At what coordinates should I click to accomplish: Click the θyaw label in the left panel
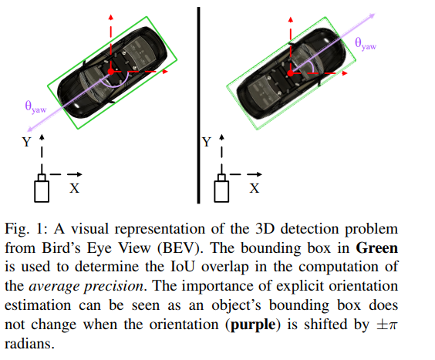[x=35, y=109]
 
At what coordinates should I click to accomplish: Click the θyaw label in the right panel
[x=365, y=45]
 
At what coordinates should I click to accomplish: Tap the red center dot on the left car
[x=111, y=71]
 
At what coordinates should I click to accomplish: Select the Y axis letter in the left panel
[x=26, y=143]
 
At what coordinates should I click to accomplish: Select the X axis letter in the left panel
[x=75, y=188]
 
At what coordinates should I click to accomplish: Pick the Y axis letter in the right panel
[x=206, y=143]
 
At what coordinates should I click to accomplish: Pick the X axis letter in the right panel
[x=255, y=187]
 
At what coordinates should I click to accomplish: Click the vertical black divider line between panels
[x=198, y=100]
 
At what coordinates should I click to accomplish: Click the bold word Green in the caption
[x=377, y=249]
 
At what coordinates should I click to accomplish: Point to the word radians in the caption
[x=28, y=343]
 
